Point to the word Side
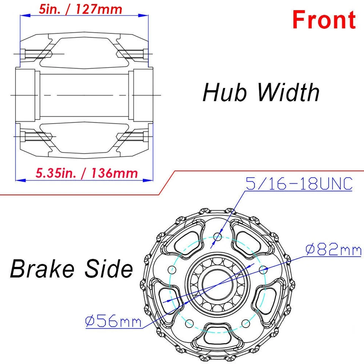pyautogui.click(x=111, y=269)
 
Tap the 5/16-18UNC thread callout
pyautogui.click(x=299, y=184)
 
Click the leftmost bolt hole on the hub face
pyautogui.click(x=172, y=270)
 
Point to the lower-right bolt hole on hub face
pyautogui.click(x=246, y=323)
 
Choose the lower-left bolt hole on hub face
pyautogui.click(x=189, y=323)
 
